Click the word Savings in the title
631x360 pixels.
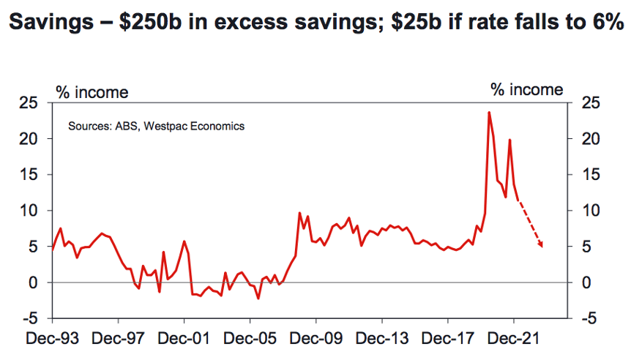(x=51, y=23)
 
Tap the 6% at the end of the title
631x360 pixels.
(x=608, y=21)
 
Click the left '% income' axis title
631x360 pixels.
(x=92, y=92)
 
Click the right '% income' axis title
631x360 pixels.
(x=527, y=90)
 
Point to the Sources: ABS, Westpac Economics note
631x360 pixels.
(x=156, y=127)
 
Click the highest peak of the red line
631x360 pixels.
(x=489, y=113)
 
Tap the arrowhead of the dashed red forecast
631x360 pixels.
(x=541, y=244)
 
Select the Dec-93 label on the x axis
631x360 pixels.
(x=52, y=338)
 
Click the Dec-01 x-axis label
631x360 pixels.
(x=184, y=338)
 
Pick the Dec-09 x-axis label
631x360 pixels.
(x=316, y=338)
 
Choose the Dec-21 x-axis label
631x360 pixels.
(x=513, y=338)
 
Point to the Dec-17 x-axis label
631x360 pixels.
(x=447, y=338)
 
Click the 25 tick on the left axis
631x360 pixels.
(x=29, y=103)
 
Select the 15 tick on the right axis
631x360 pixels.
(x=590, y=175)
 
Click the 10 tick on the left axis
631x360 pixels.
(x=29, y=211)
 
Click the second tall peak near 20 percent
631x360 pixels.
(x=510, y=140)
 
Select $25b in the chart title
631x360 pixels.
(x=416, y=21)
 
